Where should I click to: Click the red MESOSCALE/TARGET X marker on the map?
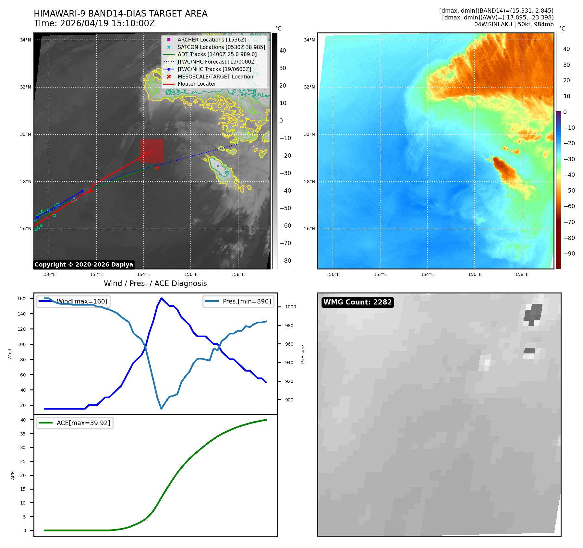tap(157, 168)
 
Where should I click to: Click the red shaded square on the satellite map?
tap(152, 151)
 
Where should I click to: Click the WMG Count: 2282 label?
tap(358, 302)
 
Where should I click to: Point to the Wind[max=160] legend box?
tap(73, 301)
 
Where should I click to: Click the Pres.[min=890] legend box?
tap(238, 301)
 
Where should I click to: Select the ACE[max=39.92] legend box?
tap(75, 423)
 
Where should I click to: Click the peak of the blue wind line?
tap(161, 298)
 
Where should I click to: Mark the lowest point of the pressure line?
tap(161, 409)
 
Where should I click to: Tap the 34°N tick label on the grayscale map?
tap(26, 40)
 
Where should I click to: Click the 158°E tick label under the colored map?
tap(522, 274)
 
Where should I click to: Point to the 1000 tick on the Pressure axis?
tap(291, 307)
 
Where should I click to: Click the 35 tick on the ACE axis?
tap(23, 434)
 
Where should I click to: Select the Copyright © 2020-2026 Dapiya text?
tap(84, 265)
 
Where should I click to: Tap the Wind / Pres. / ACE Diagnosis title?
tap(155, 283)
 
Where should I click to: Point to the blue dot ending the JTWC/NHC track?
tap(82, 191)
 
